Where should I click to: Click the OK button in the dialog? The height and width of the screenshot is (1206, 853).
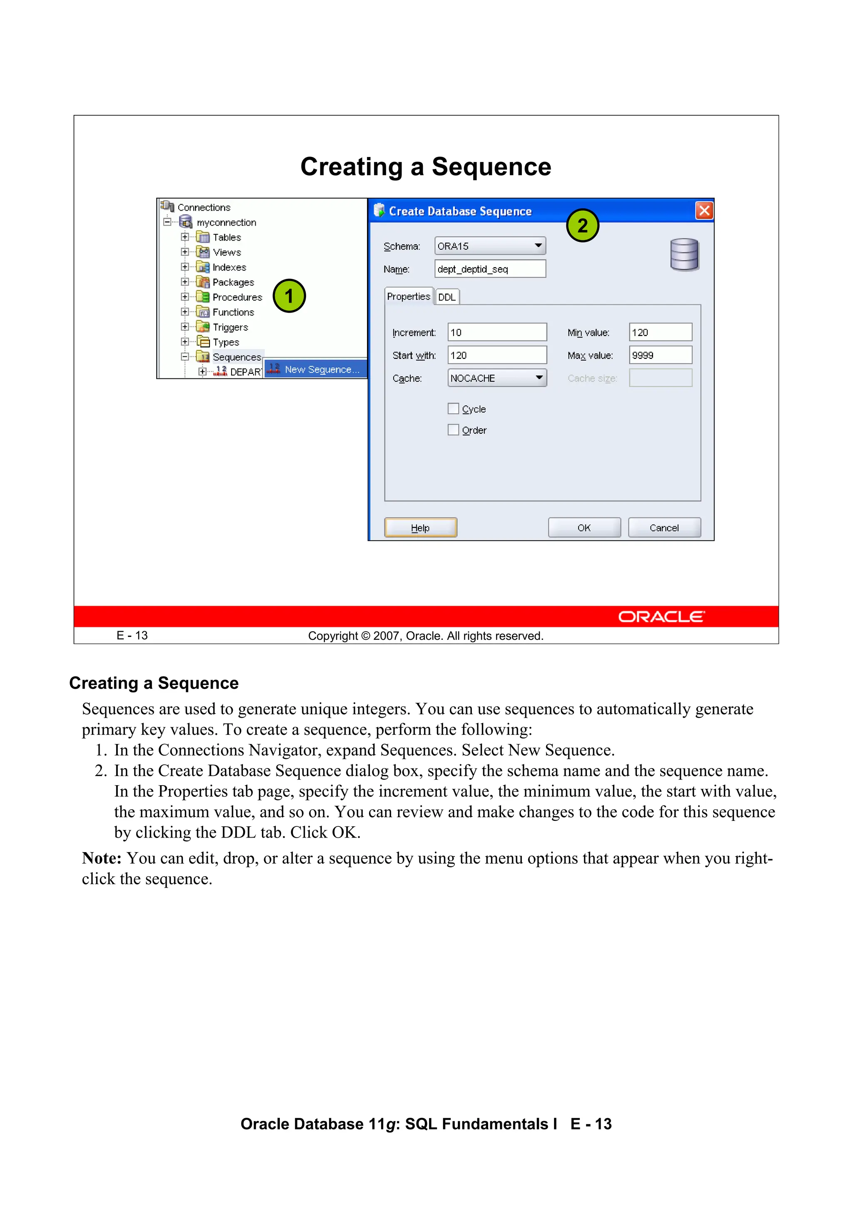point(584,527)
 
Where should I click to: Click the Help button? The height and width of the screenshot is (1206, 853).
point(420,527)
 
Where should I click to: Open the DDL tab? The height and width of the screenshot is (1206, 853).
point(447,297)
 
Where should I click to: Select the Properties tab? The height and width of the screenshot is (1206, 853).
point(408,296)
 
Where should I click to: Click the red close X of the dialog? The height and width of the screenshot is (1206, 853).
point(704,211)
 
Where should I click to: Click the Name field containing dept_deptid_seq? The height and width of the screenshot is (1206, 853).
point(490,269)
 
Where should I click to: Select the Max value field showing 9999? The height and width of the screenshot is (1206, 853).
point(660,356)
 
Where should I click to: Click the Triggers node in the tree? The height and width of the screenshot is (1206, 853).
point(230,327)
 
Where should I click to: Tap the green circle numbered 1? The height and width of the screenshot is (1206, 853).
point(289,296)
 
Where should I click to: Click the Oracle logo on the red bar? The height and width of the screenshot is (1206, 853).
point(661,617)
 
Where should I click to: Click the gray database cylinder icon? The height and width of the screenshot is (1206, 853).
point(684,255)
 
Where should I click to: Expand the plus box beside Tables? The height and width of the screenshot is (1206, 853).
point(185,237)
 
